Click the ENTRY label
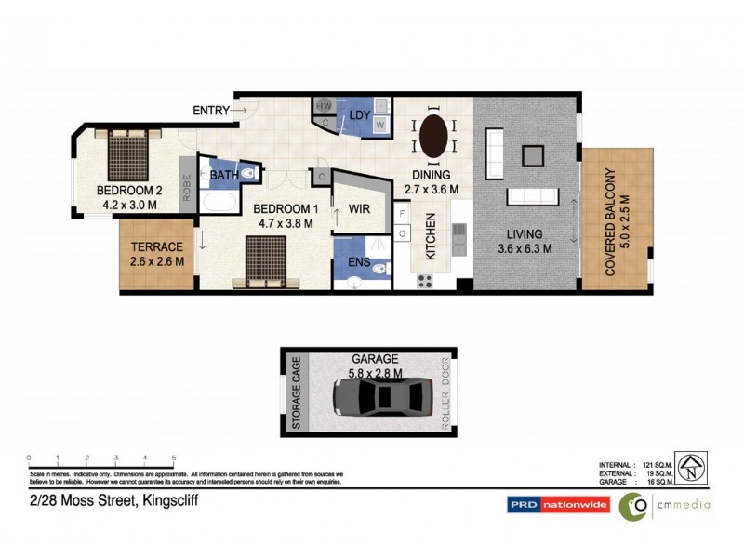210,111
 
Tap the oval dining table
433,138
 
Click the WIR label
359,210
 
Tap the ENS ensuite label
359,263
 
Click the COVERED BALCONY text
618,223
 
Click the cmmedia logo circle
633,506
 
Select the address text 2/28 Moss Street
111,500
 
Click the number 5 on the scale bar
174,458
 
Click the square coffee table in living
534,154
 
